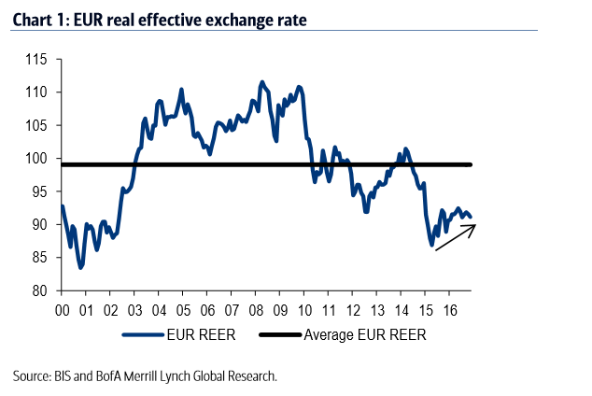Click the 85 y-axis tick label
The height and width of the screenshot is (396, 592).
tap(37, 258)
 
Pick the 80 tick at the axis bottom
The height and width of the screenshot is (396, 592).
tap(37, 290)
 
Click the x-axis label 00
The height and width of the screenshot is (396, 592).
tap(63, 309)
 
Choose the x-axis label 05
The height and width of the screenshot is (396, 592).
tap(182, 309)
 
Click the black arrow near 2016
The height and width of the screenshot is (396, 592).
tap(455, 237)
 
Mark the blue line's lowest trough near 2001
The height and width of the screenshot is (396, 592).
tap(81, 268)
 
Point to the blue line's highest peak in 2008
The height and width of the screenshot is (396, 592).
tap(261, 82)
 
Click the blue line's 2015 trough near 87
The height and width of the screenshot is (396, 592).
tap(431, 246)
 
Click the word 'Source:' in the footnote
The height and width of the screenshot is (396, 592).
tap(36, 375)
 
